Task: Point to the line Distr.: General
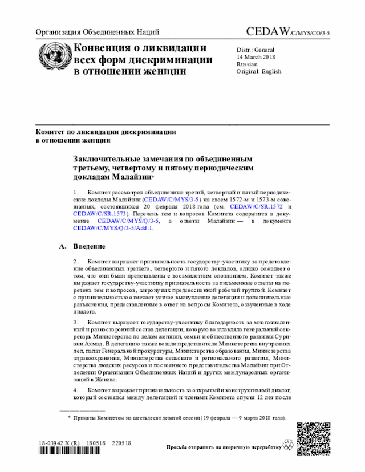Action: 255,50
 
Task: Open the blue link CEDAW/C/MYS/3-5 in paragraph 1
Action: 171,201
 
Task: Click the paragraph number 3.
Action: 76,322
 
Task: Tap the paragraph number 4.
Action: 76,390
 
